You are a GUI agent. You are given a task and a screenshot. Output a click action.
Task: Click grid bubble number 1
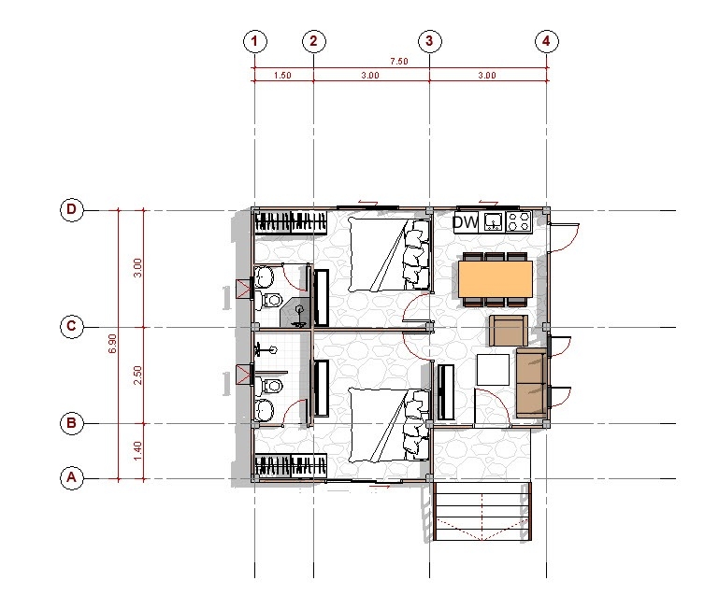[254, 41]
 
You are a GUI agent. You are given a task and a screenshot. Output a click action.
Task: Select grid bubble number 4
[546, 41]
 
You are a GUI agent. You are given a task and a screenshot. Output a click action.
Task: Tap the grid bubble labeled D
[72, 210]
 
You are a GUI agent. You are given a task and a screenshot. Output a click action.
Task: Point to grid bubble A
[72, 478]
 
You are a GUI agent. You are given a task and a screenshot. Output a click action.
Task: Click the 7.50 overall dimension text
[399, 62]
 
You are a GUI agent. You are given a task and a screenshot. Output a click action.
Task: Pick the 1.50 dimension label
[282, 76]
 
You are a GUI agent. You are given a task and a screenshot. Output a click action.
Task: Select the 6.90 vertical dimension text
[113, 344]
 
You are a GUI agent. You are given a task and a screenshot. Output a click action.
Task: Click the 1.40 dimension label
[138, 451]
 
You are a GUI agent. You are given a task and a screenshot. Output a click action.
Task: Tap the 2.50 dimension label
[138, 375]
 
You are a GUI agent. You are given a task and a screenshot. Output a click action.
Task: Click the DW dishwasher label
[466, 222]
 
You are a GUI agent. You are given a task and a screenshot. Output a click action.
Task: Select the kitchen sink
[493, 222]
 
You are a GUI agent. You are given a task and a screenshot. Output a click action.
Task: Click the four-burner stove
[519, 222]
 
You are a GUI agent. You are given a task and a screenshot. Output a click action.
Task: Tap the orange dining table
[496, 279]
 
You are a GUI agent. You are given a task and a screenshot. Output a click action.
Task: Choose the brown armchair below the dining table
[508, 331]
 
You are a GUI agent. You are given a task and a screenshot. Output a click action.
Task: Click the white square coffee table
[493, 370]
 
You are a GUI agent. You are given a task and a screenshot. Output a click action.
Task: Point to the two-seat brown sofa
[532, 383]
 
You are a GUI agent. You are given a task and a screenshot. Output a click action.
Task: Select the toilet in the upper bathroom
[270, 301]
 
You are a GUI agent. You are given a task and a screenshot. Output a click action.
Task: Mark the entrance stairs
[482, 511]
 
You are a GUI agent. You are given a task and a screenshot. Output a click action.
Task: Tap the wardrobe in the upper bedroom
[291, 222]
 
